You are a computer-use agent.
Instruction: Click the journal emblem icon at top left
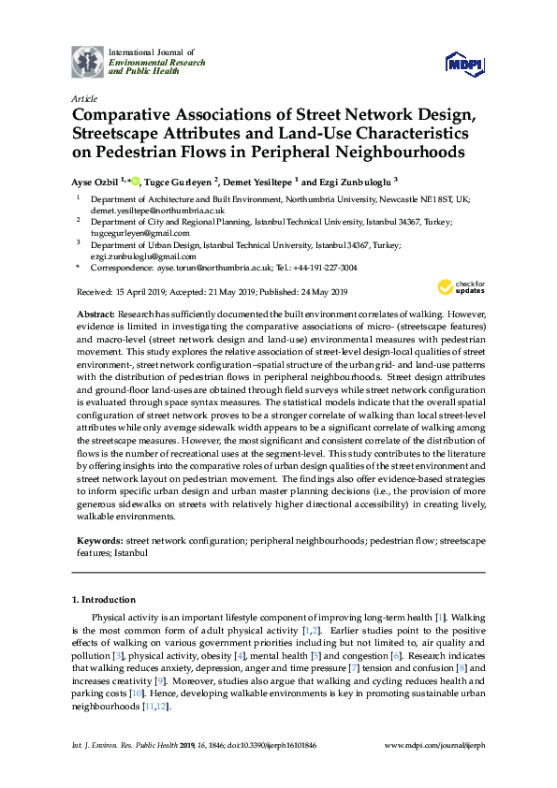coord(88,61)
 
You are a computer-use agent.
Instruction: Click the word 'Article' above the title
coord(84,98)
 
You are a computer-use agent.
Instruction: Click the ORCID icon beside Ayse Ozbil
coord(134,181)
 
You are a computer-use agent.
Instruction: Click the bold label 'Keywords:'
coord(99,541)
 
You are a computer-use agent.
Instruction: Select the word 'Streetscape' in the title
coord(124,134)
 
